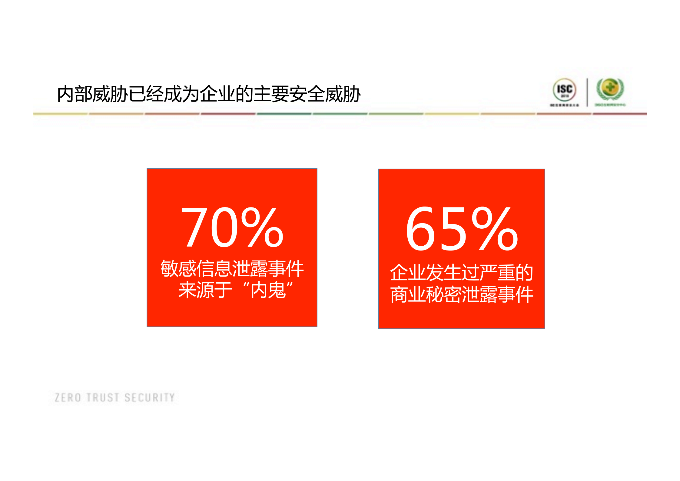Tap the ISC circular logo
[x=564, y=89]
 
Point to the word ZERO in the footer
[x=68, y=398]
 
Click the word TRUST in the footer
[x=103, y=398]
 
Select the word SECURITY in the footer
[x=150, y=398]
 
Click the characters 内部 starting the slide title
[x=75, y=94]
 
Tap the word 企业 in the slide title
[x=217, y=94]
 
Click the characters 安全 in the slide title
[x=307, y=94]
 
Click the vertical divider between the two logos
[x=587, y=92]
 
